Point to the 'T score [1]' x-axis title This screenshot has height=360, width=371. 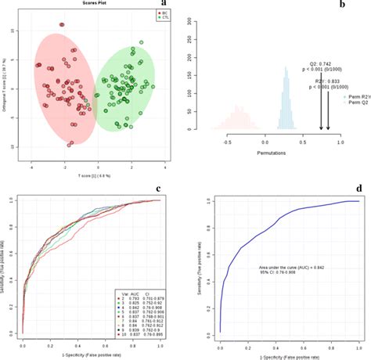coord(92,173)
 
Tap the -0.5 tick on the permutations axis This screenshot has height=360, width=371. coord(228,145)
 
